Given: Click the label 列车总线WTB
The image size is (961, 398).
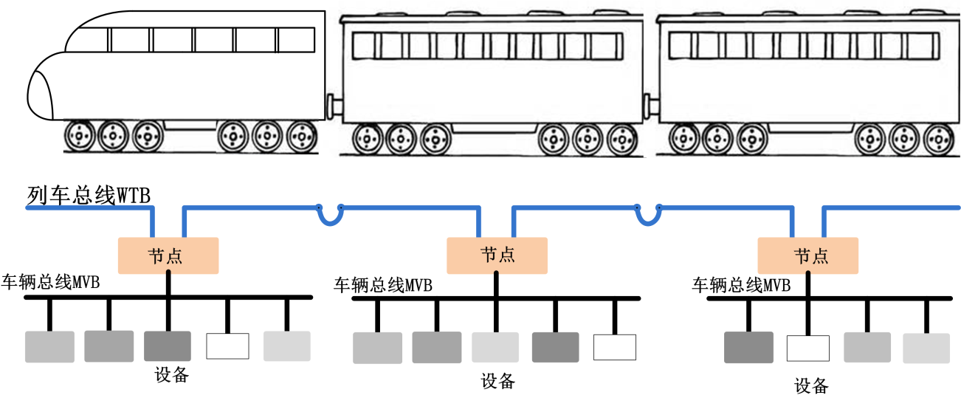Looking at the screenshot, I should click(x=89, y=196).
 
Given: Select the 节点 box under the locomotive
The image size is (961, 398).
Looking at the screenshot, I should click(x=168, y=255).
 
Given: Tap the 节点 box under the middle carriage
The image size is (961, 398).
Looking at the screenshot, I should click(x=497, y=255).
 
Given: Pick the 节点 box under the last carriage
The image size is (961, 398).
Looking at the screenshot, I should click(x=808, y=255).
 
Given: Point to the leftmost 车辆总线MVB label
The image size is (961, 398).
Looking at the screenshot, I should click(x=51, y=282).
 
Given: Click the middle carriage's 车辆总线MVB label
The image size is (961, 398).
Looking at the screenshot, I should click(x=383, y=285).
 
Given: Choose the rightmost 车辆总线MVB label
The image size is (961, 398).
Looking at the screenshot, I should click(x=741, y=285).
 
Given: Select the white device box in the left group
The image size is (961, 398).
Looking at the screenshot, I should click(x=227, y=346).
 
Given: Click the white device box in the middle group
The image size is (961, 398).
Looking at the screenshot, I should click(x=614, y=347).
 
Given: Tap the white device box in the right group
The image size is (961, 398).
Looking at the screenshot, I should click(x=809, y=348).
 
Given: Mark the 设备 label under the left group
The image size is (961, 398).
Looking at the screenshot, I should click(x=172, y=374).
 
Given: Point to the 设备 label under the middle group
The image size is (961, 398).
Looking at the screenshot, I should click(x=497, y=381).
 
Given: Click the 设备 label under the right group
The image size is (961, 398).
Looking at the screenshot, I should click(x=811, y=385).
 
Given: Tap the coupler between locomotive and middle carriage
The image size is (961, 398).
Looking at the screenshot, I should click(x=334, y=106).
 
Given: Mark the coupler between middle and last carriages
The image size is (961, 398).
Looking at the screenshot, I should click(x=650, y=106).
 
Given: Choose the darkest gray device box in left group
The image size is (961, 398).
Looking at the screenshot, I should click(x=167, y=346).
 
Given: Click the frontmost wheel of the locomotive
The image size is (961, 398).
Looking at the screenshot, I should click(x=79, y=137).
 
